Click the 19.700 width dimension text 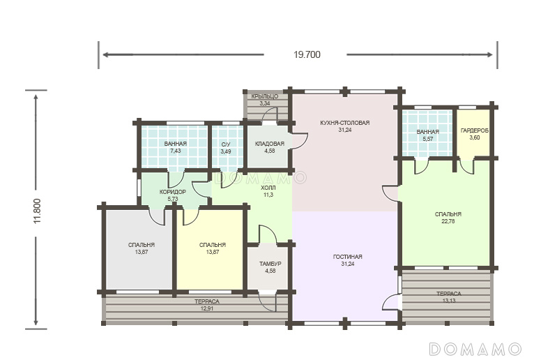point(307,55)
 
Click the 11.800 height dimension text point(38,211)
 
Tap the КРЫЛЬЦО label point(265,96)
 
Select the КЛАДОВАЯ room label point(269,144)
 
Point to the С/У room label point(226,145)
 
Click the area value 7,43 point(176,151)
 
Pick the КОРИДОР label point(173,192)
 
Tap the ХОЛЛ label point(268,188)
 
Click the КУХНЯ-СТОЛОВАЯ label point(344,123)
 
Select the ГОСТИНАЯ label point(347,257)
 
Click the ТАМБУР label point(270,264)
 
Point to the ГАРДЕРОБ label point(475,130)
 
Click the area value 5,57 point(428,139)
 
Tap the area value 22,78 point(448,221)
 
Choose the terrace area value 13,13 point(448,301)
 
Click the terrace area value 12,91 point(207,308)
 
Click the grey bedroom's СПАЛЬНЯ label point(142,245)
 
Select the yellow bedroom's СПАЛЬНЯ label point(213,245)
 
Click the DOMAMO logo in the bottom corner point(475,349)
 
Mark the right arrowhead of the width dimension point(489,54)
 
